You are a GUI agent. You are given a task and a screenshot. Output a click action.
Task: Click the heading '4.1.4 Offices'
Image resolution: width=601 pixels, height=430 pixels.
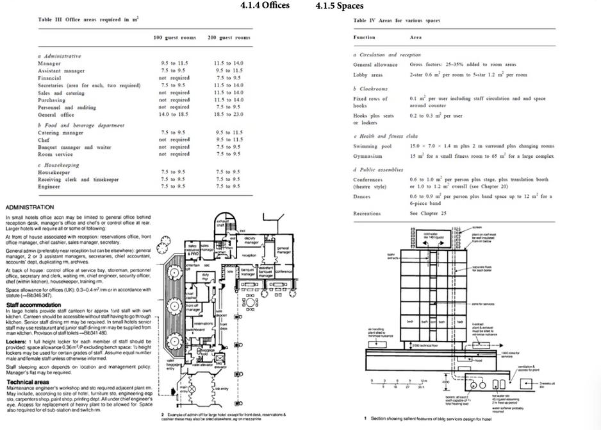tap(265, 5)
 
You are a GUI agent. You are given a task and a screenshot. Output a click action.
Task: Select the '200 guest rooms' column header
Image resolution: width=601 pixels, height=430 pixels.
tap(229, 38)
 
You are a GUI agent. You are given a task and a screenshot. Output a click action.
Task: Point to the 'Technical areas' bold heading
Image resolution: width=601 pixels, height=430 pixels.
tap(28, 381)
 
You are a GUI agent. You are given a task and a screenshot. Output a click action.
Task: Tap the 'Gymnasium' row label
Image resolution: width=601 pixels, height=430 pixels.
tap(369, 156)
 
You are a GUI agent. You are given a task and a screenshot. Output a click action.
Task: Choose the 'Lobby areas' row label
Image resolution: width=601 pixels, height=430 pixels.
tap(369, 74)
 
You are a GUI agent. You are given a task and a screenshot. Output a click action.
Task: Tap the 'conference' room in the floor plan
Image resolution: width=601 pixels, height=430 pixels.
tap(283, 271)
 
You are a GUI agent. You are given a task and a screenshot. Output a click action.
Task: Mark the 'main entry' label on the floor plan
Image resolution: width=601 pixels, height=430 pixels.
tap(183, 389)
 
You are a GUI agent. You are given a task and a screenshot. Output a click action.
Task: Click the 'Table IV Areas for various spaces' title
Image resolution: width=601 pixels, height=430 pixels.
tap(397, 21)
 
